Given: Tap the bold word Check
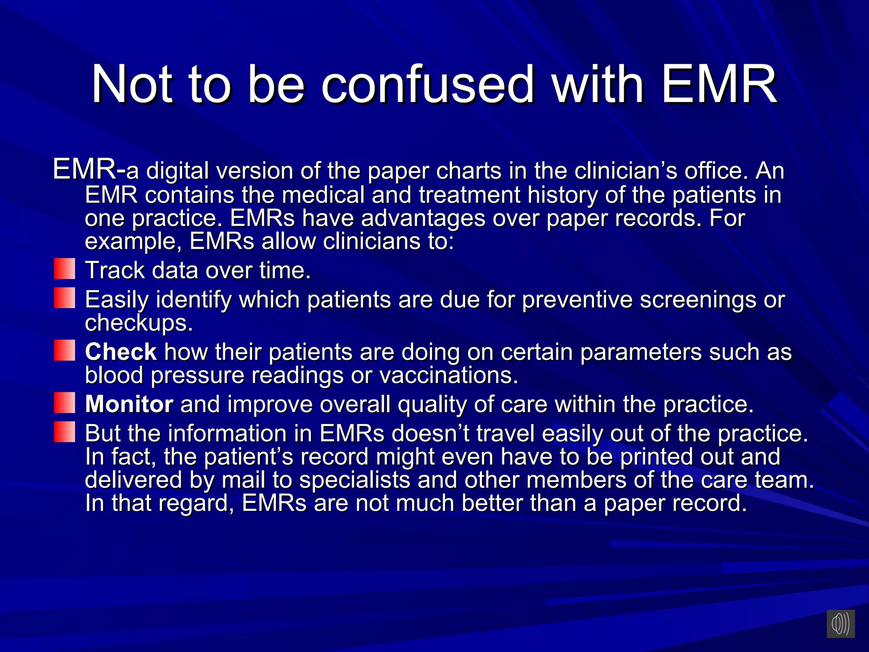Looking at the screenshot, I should tap(121, 352).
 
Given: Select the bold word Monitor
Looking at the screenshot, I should tap(129, 404).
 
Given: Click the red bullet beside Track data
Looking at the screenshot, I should tap(64, 269).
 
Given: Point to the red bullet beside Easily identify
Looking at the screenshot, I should tap(64, 298).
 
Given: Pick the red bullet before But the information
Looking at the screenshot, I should tap(64, 432).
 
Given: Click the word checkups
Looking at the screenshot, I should tap(139, 323).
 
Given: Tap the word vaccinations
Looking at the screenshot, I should tap(449, 375).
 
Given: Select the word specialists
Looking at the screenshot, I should tap(355, 480).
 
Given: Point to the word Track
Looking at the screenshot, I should tap(115, 270).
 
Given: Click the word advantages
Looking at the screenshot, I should tap(423, 218).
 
